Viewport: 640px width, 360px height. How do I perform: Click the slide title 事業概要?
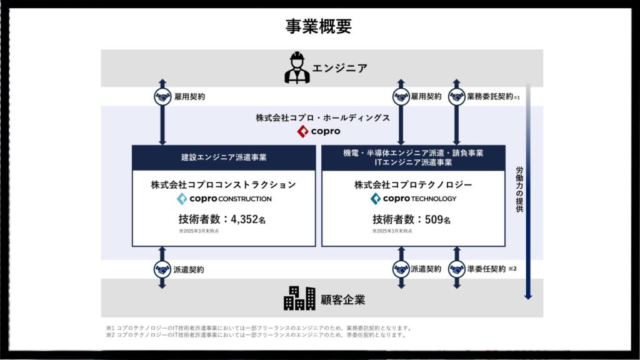tap(319, 26)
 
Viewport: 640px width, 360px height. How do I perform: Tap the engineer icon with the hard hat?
tap(297, 68)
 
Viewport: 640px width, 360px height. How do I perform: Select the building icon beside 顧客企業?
tap(300, 298)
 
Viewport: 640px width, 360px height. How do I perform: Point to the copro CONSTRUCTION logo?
tap(224, 199)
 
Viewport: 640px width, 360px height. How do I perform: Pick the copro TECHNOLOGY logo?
tap(413, 199)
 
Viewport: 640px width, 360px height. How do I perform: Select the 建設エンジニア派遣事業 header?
tap(223, 157)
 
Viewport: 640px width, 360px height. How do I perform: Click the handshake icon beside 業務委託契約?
tap(456, 97)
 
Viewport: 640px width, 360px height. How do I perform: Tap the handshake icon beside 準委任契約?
tap(456, 269)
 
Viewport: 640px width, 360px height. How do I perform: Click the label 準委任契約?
tap(486, 269)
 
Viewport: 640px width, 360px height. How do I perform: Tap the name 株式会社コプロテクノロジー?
tap(413, 184)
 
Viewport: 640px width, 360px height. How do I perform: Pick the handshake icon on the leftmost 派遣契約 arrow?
tap(162, 269)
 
